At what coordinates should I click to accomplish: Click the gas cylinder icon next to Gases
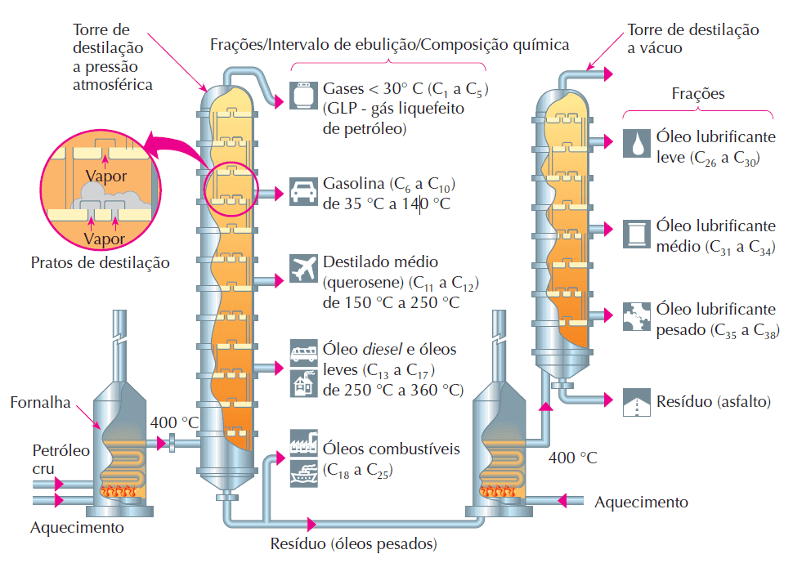[302, 96]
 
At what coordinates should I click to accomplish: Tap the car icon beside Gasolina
[302, 193]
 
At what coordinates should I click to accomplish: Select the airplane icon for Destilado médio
[302, 270]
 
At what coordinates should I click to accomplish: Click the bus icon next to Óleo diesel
[302, 351]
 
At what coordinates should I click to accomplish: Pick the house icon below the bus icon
[302, 382]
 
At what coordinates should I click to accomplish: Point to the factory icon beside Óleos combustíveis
[302, 441]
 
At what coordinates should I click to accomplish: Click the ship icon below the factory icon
[302, 471]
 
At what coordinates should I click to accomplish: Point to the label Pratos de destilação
[100, 263]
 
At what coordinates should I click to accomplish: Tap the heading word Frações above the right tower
[697, 94]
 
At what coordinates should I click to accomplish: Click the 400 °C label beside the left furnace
[175, 422]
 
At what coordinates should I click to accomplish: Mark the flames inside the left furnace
[121, 491]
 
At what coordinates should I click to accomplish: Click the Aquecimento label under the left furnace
[77, 527]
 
